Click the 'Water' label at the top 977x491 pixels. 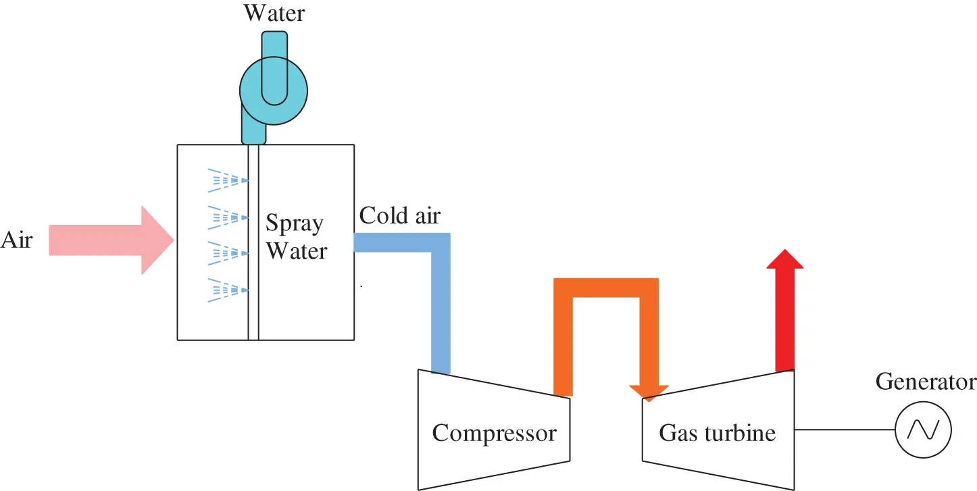274,12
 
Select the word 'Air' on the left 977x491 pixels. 16,240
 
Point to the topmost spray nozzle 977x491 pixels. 228,179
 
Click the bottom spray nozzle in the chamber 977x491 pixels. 228,290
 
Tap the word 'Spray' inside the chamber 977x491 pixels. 294,224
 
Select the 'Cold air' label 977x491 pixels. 399,215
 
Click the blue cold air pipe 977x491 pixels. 441,304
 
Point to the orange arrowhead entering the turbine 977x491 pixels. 649,392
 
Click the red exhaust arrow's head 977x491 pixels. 784,259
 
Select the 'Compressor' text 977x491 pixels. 494,433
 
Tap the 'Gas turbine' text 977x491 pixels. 717,433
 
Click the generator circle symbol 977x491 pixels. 923,430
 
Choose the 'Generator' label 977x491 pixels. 926,382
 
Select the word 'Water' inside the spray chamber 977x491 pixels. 296,251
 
